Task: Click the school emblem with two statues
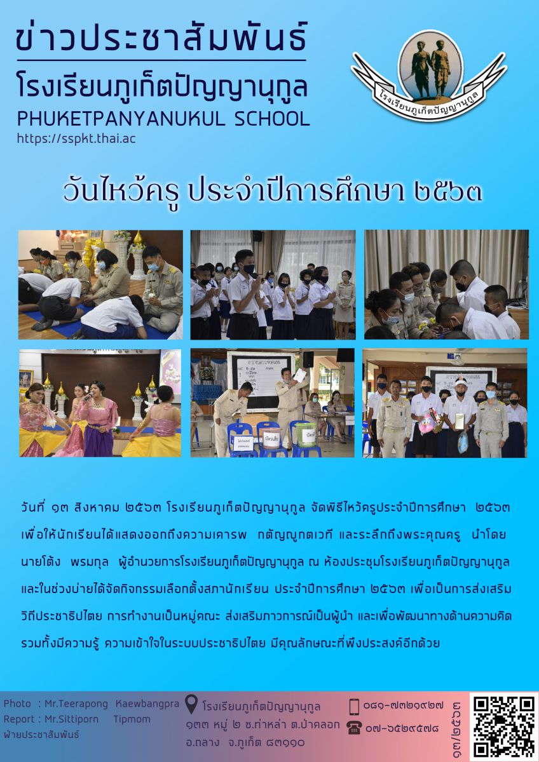click(430, 70)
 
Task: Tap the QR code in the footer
click(504, 726)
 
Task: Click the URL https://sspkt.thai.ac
click(76, 138)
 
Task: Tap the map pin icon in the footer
click(191, 704)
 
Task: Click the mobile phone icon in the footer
click(355, 706)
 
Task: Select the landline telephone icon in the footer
click(355, 728)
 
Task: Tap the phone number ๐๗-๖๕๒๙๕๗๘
click(402, 728)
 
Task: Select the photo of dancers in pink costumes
click(100, 403)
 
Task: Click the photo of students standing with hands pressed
click(273, 284)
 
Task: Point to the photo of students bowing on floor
click(100, 284)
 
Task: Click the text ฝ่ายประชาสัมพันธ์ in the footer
click(41, 735)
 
